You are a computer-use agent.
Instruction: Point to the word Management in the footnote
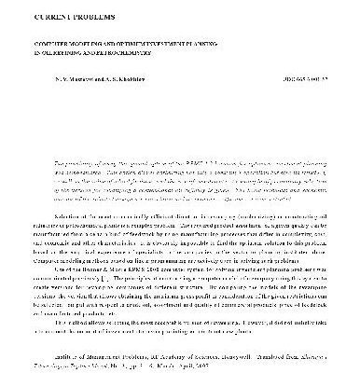click(90, 342)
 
